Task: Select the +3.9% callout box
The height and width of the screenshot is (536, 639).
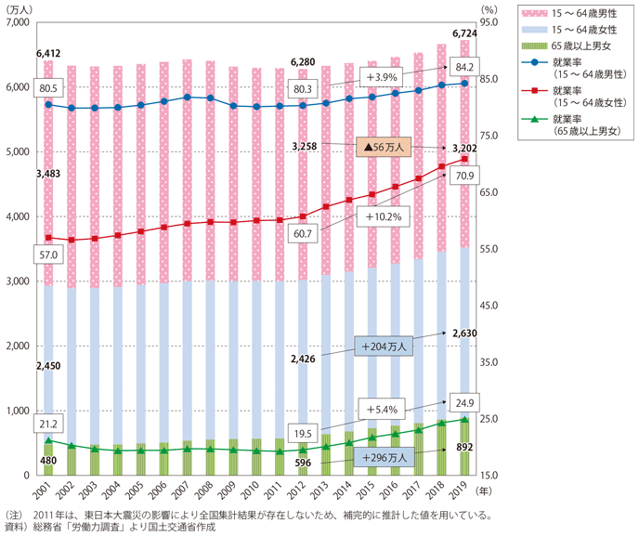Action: coord(381,75)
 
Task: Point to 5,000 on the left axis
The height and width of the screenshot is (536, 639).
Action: coord(17,152)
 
